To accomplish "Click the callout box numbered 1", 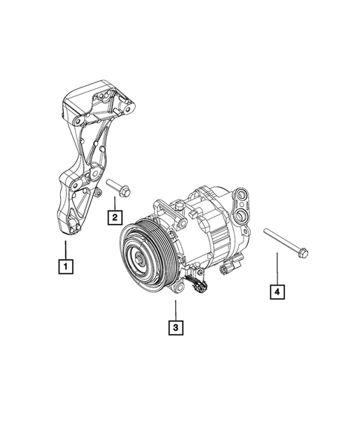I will tap(67, 264).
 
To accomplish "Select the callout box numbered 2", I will tap(115, 217).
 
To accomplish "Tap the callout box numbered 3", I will tap(174, 326).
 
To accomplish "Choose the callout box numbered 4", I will tap(276, 293).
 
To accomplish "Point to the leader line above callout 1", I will tap(67, 249).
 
